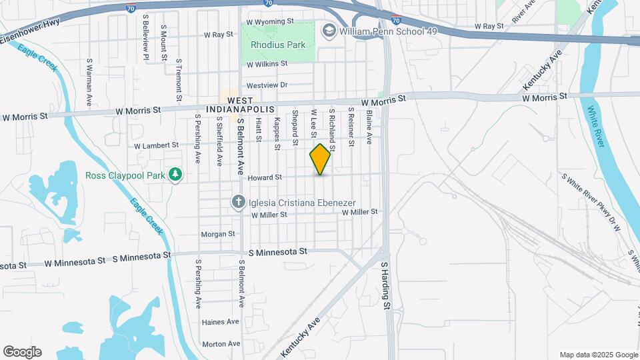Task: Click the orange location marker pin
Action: [x=321, y=159]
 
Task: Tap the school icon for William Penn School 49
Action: [x=329, y=31]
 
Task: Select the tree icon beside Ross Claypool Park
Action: [x=175, y=175]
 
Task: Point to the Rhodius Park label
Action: [x=278, y=45]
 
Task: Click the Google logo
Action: [x=22, y=352]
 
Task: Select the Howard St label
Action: [x=266, y=177]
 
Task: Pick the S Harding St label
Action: [x=385, y=286]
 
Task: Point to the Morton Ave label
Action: [x=221, y=344]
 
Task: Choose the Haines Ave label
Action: [x=220, y=322]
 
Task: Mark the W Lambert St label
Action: [x=157, y=145]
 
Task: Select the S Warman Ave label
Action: [x=89, y=81]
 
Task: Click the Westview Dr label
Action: [x=267, y=85]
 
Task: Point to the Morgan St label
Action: [x=219, y=234]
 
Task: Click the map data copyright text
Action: [x=598, y=355]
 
